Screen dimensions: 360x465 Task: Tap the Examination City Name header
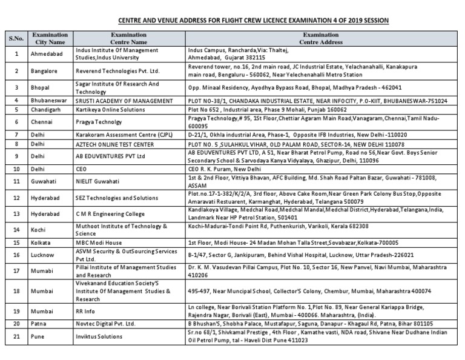pyautogui.click(x=50, y=38)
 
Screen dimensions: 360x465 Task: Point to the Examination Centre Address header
pyautogui.click(x=321, y=38)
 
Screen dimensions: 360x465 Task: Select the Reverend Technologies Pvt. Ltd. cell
pyautogui.click(x=117, y=70)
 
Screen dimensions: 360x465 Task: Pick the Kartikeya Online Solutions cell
pyautogui.click(x=111, y=110)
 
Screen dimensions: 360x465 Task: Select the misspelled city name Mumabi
pyautogui.click(x=42, y=270)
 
